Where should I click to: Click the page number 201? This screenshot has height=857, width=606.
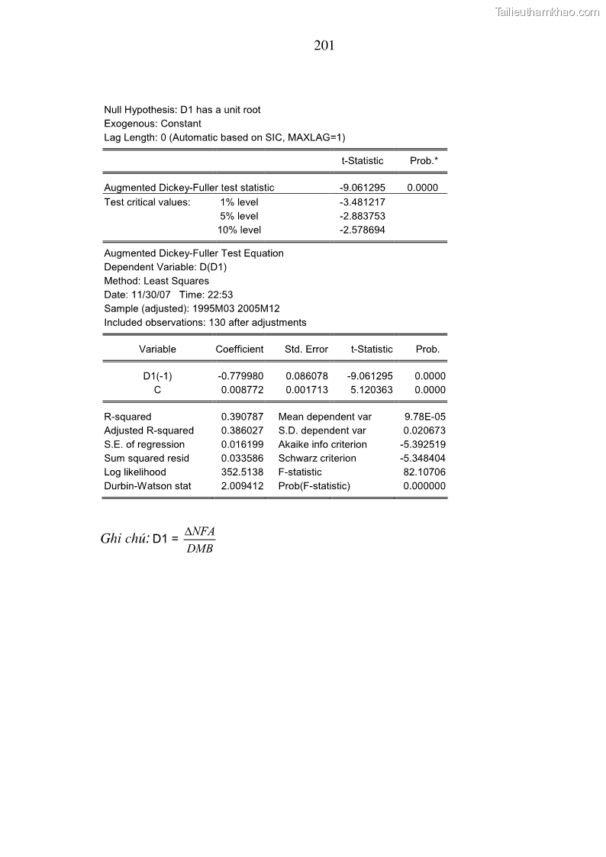point(324,46)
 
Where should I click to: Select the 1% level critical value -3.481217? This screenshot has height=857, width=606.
point(363,202)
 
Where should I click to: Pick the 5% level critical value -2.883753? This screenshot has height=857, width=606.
point(363,216)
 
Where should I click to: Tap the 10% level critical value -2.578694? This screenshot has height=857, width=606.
point(363,230)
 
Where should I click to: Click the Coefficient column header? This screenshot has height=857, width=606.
point(240,350)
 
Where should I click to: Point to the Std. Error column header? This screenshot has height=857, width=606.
point(306,350)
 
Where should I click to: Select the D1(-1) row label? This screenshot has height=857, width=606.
point(157,376)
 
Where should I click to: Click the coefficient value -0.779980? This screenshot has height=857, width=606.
point(240,376)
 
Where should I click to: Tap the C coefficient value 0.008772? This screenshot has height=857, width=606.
point(242,390)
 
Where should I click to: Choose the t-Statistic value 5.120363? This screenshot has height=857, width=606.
point(372,390)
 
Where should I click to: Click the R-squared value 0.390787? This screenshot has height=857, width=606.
point(242,417)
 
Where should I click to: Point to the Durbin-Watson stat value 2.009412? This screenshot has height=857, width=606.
point(242,486)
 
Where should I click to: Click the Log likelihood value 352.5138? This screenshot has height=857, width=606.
point(242,472)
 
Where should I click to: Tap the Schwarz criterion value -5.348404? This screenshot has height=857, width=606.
point(423,459)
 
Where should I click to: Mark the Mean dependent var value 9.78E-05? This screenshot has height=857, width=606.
point(425,417)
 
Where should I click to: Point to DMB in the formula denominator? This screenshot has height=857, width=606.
point(200,548)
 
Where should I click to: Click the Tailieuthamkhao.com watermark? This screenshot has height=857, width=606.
point(547,11)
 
